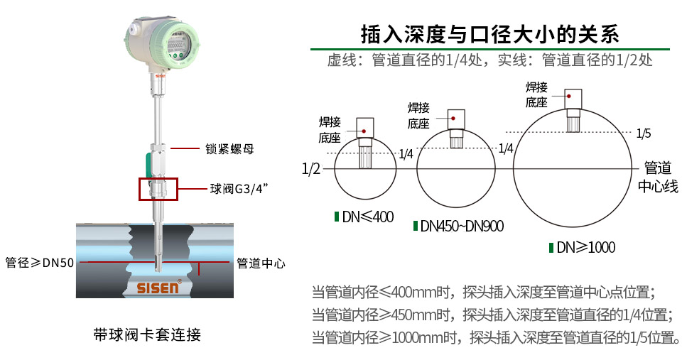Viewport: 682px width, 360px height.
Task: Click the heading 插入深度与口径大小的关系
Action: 489,33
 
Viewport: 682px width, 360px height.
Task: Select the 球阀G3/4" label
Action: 239,188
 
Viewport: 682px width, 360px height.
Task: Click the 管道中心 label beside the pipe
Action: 261,263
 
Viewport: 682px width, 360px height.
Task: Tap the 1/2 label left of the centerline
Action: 311,169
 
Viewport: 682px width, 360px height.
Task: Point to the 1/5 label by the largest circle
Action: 644,133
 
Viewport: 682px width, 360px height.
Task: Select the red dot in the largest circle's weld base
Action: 568,95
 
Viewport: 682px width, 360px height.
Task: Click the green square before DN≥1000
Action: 551,248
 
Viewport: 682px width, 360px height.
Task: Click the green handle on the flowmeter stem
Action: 151,163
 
